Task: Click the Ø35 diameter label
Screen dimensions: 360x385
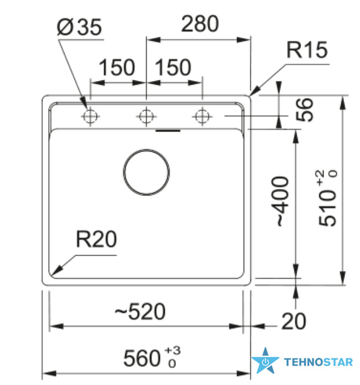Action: [x=79, y=26]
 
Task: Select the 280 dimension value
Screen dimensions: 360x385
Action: [x=200, y=24]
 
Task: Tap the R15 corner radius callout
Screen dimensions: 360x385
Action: [x=307, y=50]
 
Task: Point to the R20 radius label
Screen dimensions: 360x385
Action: [x=96, y=239]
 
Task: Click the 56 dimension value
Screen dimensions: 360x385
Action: [x=304, y=110]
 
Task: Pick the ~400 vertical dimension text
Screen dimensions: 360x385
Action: [x=280, y=201]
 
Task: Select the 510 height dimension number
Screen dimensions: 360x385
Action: [x=327, y=208]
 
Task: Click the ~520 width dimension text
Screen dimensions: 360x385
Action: [x=140, y=311]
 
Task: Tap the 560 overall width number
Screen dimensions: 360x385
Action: [x=142, y=358]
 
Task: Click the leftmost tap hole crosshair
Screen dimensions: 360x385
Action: [x=90, y=116]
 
